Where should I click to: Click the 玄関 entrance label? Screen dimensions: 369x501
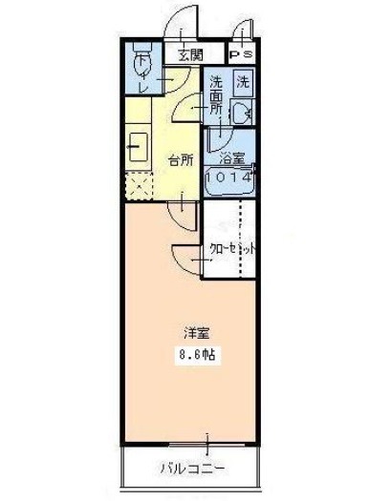click(x=190, y=55)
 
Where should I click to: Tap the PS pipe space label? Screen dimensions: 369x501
click(x=242, y=54)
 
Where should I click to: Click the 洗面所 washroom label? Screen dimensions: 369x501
click(x=216, y=95)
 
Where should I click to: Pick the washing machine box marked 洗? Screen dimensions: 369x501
click(x=243, y=83)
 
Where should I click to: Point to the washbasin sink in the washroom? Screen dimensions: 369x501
click(x=241, y=112)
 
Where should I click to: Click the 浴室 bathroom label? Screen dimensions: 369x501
click(x=231, y=158)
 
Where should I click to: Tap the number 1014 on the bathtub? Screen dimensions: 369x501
click(x=228, y=177)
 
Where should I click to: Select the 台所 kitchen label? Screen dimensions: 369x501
click(x=181, y=160)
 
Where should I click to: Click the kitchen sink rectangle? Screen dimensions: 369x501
click(x=139, y=147)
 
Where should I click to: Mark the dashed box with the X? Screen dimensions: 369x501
click(x=139, y=186)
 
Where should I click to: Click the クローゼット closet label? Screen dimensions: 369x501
click(x=232, y=248)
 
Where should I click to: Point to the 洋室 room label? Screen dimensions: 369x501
click(x=197, y=333)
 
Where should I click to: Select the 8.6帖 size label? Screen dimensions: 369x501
click(x=197, y=354)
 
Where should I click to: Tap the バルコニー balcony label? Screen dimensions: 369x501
click(x=192, y=469)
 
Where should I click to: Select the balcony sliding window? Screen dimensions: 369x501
click(x=206, y=445)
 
